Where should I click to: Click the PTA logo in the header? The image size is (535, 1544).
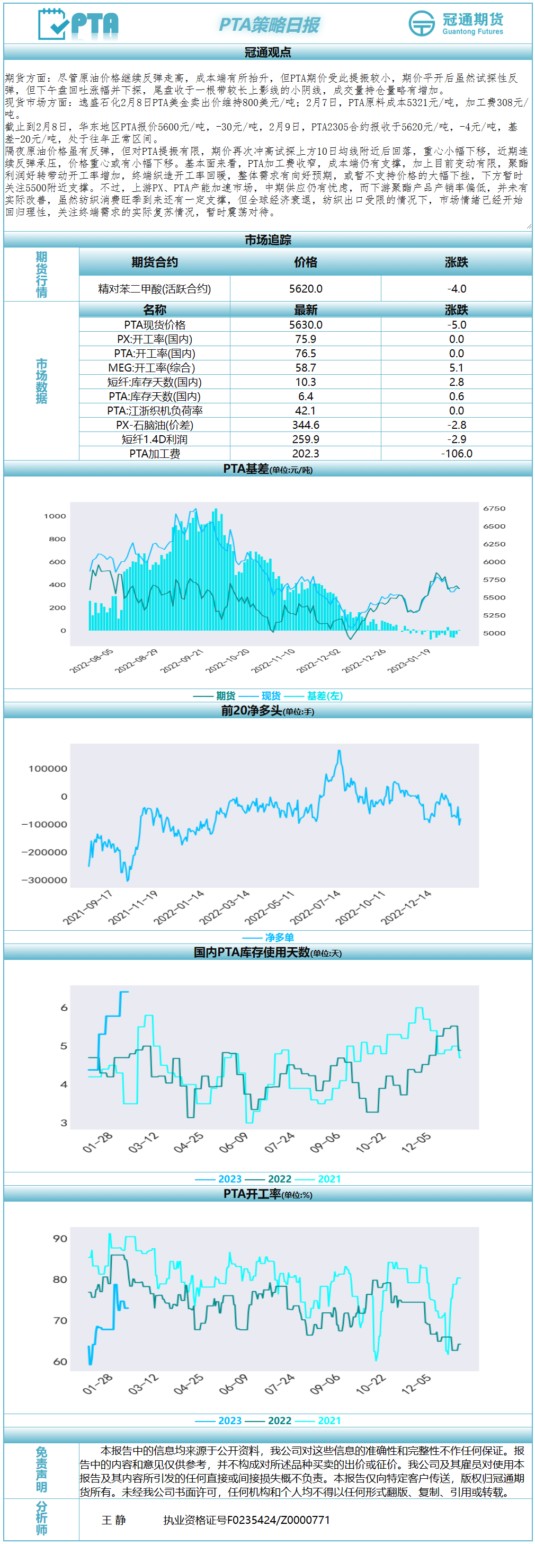point(78,24)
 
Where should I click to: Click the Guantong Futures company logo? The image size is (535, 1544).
point(456,23)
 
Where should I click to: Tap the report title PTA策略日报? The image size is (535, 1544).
point(269,24)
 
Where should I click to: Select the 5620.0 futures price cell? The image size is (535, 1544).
point(306,289)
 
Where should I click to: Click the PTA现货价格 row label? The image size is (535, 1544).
point(155,325)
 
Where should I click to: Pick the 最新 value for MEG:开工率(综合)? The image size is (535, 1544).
point(306,368)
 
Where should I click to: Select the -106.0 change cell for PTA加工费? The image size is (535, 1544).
point(457,454)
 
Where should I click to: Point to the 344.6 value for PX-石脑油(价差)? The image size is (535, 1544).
point(306,425)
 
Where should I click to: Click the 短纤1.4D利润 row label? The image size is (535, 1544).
point(155,439)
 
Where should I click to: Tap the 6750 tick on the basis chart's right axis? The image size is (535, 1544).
point(494,508)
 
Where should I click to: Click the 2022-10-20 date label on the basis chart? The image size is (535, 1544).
point(228,660)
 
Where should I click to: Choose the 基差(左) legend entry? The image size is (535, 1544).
point(324,696)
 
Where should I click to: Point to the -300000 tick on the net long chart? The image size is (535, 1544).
point(44,880)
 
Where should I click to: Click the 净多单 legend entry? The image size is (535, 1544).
point(279,938)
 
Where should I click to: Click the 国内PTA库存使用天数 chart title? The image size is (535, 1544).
point(252,952)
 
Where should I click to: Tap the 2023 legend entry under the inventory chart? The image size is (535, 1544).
point(229,1179)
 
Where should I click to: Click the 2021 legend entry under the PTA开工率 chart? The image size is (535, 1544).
point(329,1421)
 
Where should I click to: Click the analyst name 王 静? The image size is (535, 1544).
point(114,1520)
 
